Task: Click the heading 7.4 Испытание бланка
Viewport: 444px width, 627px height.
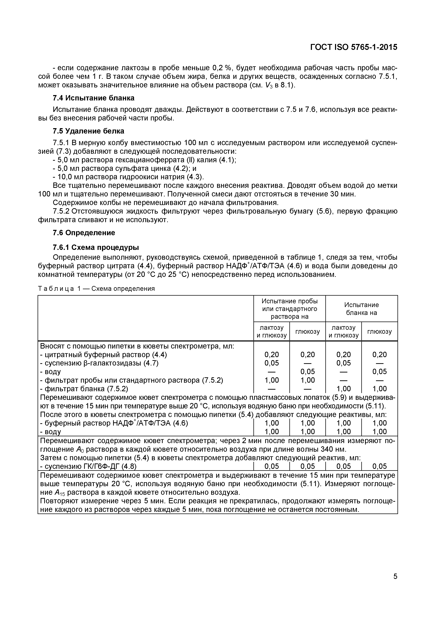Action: pos(93,98)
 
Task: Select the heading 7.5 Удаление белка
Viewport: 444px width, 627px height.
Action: pos(88,131)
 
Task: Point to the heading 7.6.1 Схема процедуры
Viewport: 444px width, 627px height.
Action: pos(96,247)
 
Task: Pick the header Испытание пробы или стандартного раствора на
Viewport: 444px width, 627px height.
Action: pos(290,308)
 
